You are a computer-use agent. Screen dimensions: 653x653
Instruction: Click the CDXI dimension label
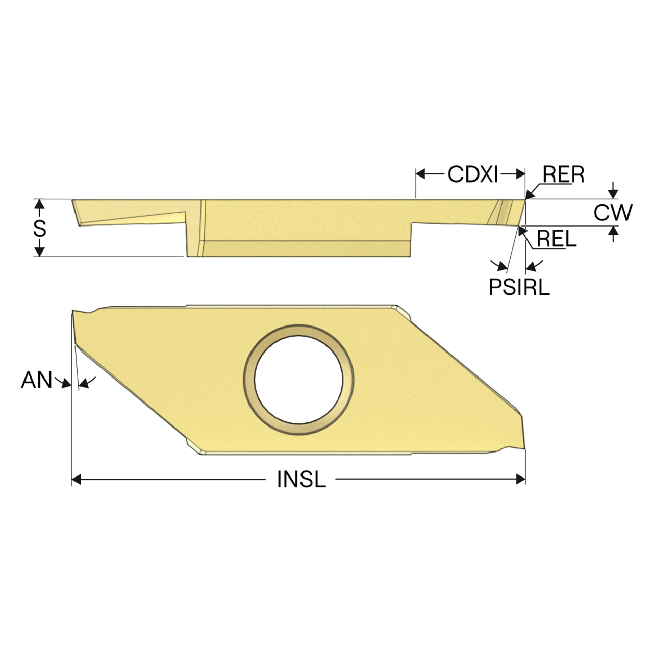(473, 174)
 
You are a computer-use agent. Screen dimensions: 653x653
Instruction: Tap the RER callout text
(564, 174)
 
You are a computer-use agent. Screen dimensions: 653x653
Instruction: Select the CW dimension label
(613, 213)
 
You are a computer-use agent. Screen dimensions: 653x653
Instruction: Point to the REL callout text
(557, 239)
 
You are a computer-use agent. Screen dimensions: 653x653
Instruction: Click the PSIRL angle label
(519, 287)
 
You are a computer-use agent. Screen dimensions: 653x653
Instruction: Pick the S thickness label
(40, 228)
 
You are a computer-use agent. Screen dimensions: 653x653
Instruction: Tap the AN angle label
(37, 380)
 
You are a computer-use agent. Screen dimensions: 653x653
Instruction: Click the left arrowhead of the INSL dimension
(77, 480)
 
